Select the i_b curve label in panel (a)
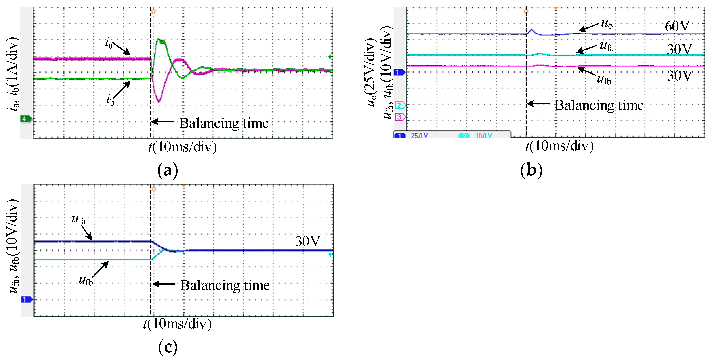point(110,100)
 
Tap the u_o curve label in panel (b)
point(607,24)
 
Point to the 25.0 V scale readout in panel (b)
point(419,135)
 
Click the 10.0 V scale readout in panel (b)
point(483,135)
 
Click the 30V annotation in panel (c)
point(307,242)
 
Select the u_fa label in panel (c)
point(78,220)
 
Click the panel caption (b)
point(531,170)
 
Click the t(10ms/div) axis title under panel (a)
point(182,147)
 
